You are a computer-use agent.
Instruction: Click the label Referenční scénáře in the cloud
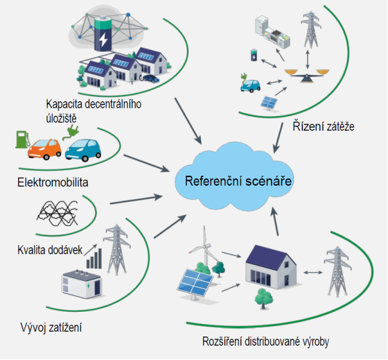click(238, 181)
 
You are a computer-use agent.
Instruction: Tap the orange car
click(45, 149)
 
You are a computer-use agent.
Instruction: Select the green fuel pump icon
click(22, 139)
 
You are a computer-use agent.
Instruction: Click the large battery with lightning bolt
click(103, 33)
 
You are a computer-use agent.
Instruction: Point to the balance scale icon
click(307, 75)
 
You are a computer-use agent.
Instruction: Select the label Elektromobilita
click(52, 182)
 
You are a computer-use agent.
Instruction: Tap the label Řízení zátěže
click(324, 126)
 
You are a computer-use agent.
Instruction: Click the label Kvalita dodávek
click(50, 250)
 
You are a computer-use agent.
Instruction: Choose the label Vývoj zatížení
click(51, 327)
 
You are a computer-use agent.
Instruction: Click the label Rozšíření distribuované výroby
click(266, 342)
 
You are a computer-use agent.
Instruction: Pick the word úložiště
click(61, 119)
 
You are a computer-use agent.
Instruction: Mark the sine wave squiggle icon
click(57, 213)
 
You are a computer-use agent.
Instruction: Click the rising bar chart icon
click(94, 259)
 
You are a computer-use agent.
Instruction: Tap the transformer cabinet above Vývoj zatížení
click(82, 284)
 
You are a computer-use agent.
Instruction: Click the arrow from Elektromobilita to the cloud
click(147, 163)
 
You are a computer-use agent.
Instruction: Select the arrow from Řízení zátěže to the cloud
click(278, 138)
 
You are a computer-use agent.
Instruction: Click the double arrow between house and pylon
click(313, 273)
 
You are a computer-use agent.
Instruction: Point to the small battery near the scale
click(254, 55)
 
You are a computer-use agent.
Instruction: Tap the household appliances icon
click(272, 33)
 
